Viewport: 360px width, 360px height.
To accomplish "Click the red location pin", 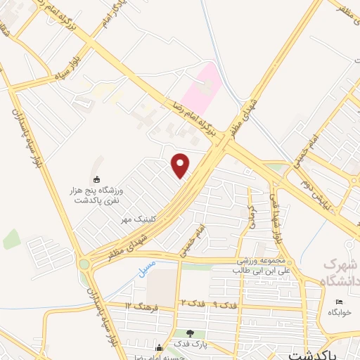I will click(181, 165).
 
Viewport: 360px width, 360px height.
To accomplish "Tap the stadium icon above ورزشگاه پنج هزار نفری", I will click(96, 180).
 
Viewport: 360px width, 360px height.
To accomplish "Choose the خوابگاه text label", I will click(342, 314).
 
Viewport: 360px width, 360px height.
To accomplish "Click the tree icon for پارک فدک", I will click(190, 333).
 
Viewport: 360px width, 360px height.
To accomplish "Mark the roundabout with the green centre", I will click(85, 264).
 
